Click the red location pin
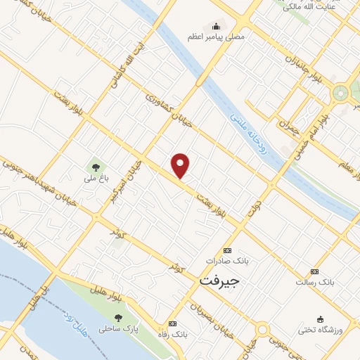click(x=181, y=165)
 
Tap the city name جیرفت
click(x=214, y=280)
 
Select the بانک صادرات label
click(x=227, y=260)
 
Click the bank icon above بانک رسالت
click(x=314, y=271)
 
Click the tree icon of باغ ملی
click(x=94, y=167)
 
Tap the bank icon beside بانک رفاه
click(x=173, y=324)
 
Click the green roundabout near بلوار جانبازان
click(x=341, y=92)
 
